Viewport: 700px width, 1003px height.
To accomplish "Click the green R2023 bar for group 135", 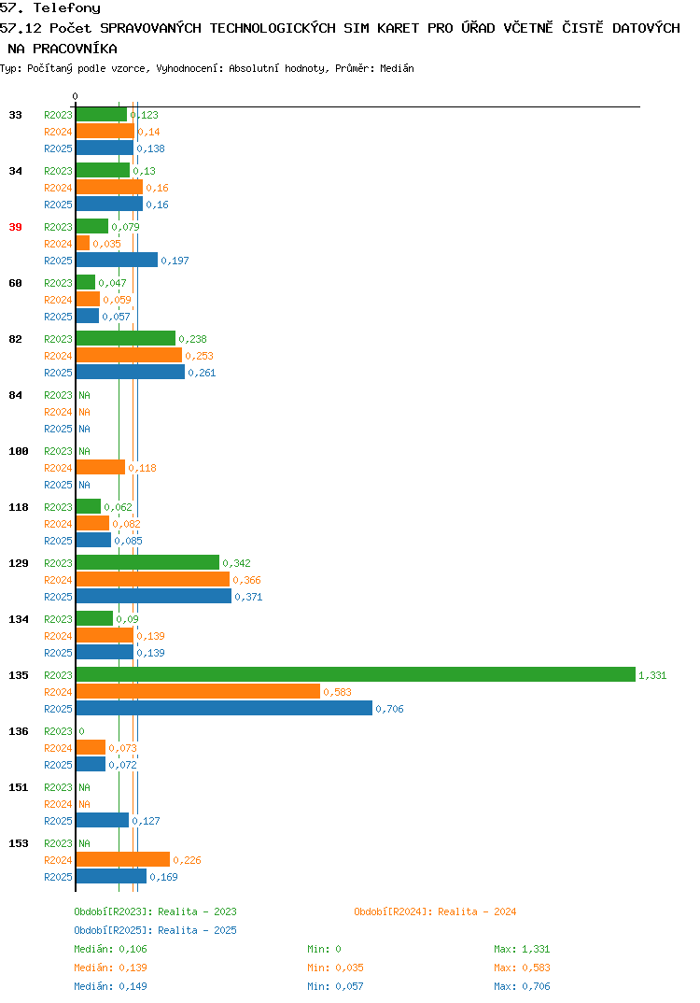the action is click(356, 675).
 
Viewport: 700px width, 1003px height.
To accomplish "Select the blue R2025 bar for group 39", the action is click(117, 261).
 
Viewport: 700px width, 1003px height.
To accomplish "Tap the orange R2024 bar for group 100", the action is click(101, 468).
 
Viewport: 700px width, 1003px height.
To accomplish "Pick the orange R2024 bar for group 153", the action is click(123, 860).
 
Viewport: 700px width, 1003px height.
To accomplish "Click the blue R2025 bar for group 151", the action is click(103, 821).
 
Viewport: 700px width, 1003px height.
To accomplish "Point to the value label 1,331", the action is click(652, 675).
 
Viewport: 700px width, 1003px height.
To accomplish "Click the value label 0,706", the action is click(389, 709).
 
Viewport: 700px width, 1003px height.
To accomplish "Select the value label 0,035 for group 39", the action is click(106, 244).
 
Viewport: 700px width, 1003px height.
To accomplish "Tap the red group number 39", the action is click(15, 227).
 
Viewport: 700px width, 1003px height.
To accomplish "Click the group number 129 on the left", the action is click(19, 563).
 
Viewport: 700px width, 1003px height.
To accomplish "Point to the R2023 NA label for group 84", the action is click(84, 395).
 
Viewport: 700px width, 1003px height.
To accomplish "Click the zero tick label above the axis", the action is click(75, 96).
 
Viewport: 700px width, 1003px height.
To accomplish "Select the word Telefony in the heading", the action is click(67, 8).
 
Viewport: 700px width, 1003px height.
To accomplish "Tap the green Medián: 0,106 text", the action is click(110, 949).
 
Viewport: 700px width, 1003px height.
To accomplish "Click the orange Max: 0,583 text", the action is click(522, 968).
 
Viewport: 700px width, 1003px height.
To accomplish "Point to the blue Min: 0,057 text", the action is click(335, 986).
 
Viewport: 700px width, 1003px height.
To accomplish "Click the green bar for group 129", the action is click(147, 563).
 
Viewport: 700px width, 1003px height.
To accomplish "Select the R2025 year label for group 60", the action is click(58, 317).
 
